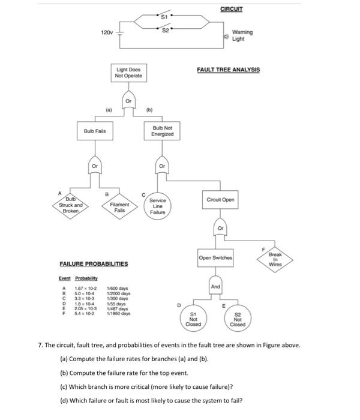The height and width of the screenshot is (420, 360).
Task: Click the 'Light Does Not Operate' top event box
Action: pos(129,73)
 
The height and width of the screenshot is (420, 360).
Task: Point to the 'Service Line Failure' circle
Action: pos(158,206)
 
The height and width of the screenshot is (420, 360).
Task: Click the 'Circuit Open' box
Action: pos(220,199)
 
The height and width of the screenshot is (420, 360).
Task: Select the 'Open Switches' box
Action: pos(216,257)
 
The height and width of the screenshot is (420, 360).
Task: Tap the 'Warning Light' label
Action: pos(242,35)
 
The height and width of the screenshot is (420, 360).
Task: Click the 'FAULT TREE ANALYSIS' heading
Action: pos(228,70)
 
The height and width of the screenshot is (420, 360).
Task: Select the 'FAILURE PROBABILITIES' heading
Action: pos(94,264)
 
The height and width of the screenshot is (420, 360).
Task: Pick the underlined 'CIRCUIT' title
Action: pos(231,10)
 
